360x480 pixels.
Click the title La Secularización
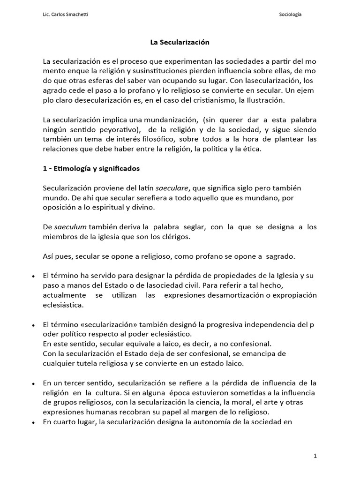(x=180, y=42)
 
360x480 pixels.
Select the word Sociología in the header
(x=290, y=15)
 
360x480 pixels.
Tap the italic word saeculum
(x=67, y=227)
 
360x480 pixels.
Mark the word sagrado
(x=280, y=256)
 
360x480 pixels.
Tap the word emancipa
(x=264, y=353)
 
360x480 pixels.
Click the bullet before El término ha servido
(x=33, y=277)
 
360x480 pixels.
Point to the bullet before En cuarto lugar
(x=33, y=422)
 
